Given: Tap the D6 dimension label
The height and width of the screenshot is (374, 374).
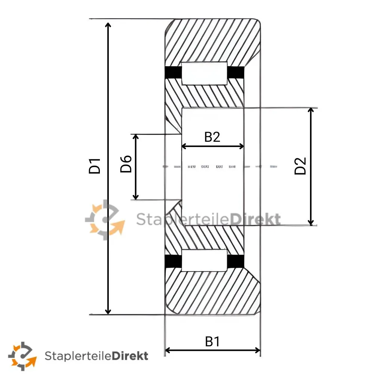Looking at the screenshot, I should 126,164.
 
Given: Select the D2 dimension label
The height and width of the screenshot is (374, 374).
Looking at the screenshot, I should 300,166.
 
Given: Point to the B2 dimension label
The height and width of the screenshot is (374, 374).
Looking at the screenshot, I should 212,137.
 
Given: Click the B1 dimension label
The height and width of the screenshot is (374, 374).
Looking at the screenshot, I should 212,341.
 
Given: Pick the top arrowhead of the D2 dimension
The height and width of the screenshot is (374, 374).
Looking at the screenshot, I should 311,110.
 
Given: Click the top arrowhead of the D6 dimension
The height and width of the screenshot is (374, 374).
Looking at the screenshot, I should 136,137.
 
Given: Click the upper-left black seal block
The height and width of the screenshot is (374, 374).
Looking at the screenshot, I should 173,73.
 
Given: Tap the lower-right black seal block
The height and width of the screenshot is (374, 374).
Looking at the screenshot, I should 236,261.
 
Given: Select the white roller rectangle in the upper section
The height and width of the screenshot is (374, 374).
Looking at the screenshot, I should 204,73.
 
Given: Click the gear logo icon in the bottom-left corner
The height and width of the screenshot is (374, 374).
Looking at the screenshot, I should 23,355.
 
